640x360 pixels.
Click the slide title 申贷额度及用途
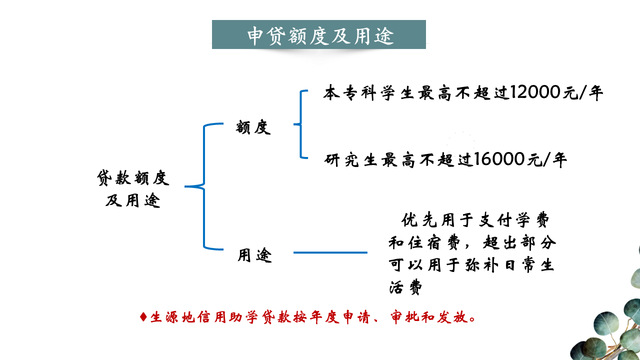click(320, 36)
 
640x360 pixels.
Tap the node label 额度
click(253, 127)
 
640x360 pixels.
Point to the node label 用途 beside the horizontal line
click(255, 255)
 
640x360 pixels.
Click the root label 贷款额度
click(133, 178)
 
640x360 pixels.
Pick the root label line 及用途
click(133, 200)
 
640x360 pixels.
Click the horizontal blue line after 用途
click(330, 252)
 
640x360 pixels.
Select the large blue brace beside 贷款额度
click(204, 186)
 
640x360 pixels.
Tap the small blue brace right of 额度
click(301, 124)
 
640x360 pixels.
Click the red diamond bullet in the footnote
click(143, 317)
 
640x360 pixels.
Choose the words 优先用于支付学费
click(475, 220)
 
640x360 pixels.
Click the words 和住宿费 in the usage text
click(424, 243)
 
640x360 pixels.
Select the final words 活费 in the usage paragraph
click(405, 288)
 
